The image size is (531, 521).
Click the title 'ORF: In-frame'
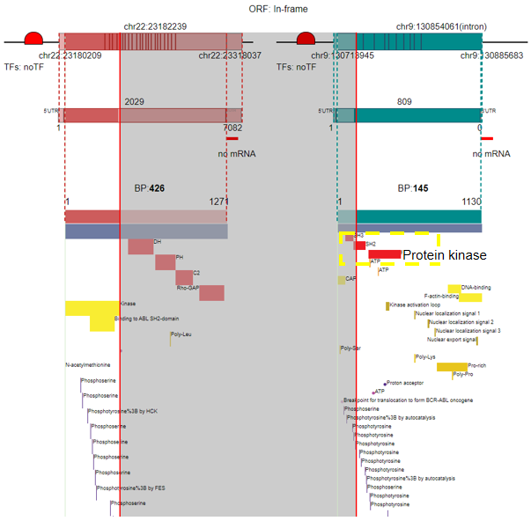(265, 8)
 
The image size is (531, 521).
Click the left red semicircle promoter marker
(33, 39)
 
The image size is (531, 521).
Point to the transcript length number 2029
(135, 102)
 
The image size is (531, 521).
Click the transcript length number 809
(404, 102)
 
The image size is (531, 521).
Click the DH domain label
(157, 242)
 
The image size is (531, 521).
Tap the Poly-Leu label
(181, 334)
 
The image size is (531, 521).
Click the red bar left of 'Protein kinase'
(384, 254)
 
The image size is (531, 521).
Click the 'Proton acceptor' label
(405, 383)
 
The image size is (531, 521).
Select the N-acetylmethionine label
(87, 364)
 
